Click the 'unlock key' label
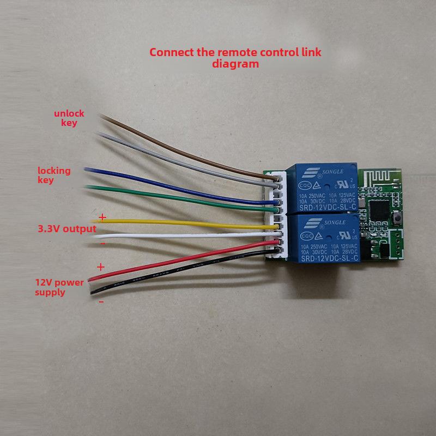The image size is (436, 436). click(x=69, y=118)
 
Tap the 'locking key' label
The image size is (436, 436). click(x=54, y=175)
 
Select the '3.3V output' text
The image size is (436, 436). click(x=67, y=229)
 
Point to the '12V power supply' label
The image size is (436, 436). click(x=58, y=287)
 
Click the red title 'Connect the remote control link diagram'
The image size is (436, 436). click(x=235, y=58)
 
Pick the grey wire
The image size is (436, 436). click(x=180, y=158)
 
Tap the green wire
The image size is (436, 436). click(x=180, y=196)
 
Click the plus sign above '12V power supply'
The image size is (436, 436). click(x=100, y=267)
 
